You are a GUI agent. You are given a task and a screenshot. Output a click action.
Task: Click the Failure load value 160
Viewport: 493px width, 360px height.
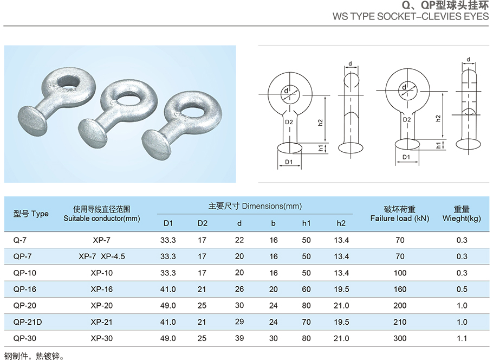[400, 289]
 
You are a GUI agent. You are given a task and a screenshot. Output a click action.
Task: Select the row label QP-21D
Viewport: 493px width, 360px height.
[27, 322]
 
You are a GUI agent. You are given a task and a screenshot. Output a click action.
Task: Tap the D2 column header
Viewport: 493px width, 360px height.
[202, 223]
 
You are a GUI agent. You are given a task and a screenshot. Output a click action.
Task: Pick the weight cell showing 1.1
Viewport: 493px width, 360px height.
[462, 338]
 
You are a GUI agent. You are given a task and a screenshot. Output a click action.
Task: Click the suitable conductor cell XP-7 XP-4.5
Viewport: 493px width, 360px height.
[101, 256]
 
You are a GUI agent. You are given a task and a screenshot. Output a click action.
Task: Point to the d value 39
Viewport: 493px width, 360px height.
[239, 338]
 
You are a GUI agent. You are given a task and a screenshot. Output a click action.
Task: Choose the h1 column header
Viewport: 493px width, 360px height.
[306, 223]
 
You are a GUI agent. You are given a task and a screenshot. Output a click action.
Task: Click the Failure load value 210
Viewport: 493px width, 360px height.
[400, 322]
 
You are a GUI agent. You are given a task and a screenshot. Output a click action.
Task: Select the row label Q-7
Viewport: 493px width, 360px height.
[20, 240]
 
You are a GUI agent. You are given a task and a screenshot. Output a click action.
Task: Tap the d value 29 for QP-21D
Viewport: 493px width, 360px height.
[239, 322]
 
